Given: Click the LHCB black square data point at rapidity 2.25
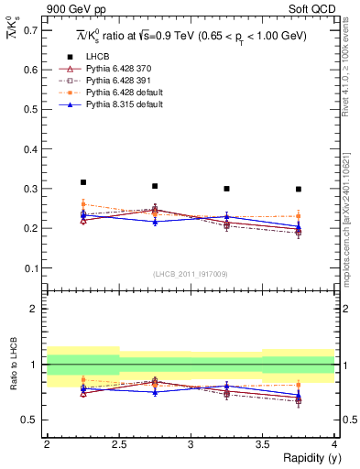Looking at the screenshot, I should point(83,182).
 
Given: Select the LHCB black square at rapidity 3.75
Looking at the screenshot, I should point(299,189).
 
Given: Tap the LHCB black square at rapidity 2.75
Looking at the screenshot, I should point(155,186).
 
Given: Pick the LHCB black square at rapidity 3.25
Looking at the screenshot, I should point(226,189).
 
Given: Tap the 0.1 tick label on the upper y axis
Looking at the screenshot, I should point(31,268).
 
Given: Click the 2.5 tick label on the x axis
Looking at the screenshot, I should point(118,444).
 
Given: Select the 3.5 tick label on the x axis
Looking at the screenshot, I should point(262,444).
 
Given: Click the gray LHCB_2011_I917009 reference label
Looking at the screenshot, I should point(190,274).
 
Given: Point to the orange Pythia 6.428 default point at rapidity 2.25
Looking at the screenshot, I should point(83,203).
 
